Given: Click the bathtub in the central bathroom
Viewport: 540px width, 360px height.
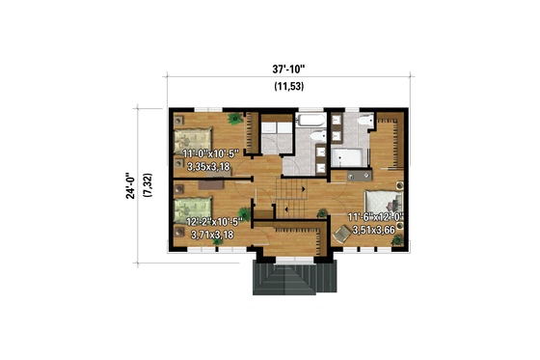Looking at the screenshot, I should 311,122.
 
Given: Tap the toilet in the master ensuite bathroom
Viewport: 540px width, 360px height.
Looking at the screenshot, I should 360,123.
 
